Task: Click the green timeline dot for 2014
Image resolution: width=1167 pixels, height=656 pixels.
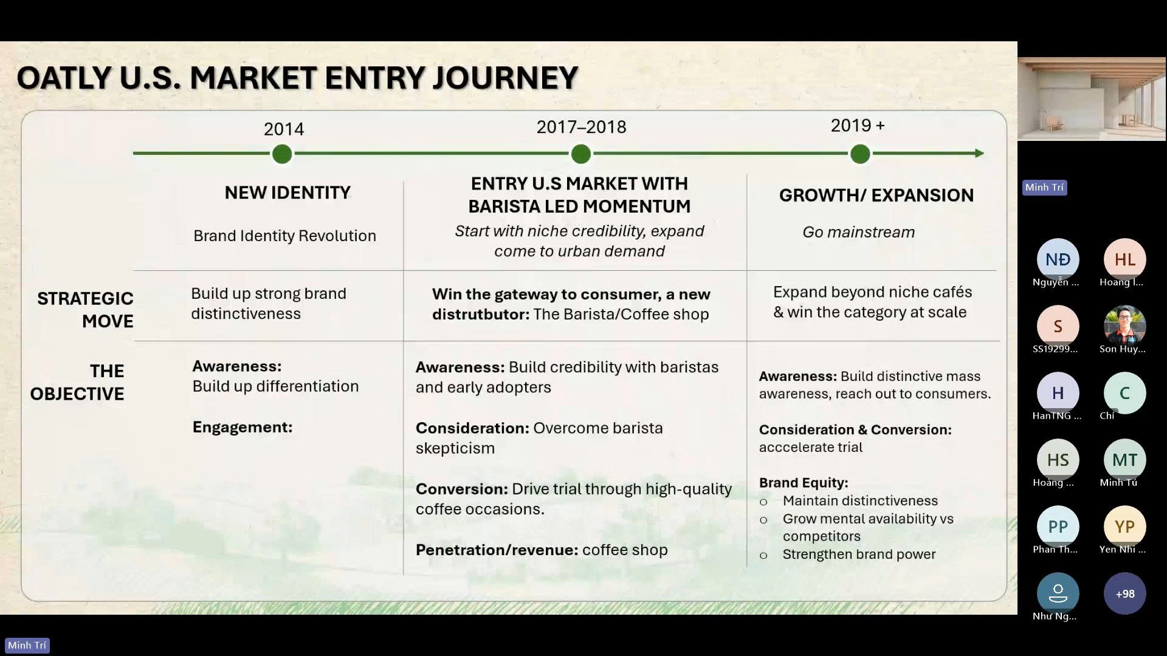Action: pyautogui.click(x=282, y=154)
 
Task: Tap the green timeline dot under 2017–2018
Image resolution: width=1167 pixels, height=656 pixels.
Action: pyautogui.click(x=581, y=154)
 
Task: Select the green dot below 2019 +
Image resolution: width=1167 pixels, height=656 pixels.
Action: pyautogui.click(x=860, y=154)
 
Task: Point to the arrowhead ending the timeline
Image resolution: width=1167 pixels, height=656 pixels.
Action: pyautogui.click(x=979, y=154)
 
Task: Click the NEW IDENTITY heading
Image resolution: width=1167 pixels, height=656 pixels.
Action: pyautogui.click(x=287, y=193)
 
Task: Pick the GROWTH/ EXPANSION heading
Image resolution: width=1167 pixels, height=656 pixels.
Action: pyautogui.click(x=876, y=195)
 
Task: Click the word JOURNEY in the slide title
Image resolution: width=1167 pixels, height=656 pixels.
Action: pyautogui.click(x=505, y=78)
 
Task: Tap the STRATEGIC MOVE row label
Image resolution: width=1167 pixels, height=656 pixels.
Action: pyautogui.click(x=85, y=310)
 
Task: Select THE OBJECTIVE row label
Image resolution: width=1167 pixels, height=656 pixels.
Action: pyautogui.click(x=77, y=382)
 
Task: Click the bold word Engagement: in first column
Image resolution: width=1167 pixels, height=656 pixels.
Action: pyautogui.click(x=243, y=427)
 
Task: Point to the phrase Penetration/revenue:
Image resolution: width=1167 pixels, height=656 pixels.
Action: pyautogui.click(x=497, y=550)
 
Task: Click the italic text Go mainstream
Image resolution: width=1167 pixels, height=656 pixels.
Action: pyautogui.click(x=858, y=232)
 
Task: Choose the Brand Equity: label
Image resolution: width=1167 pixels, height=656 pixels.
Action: pyautogui.click(x=804, y=483)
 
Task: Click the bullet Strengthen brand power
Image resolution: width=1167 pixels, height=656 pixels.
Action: pyautogui.click(x=859, y=554)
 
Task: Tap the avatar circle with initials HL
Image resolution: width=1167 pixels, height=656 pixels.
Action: pyautogui.click(x=1124, y=259)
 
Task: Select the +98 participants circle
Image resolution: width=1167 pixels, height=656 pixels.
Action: pyautogui.click(x=1124, y=593)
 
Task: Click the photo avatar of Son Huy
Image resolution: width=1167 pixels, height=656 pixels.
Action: pyautogui.click(x=1124, y=326)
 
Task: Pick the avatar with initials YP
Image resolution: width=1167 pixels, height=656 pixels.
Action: pyautogui.click(x=1124, y=527)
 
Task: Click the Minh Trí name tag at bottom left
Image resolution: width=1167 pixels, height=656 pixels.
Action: pyautogui.click(x=27, y=645)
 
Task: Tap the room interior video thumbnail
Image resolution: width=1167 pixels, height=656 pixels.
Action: pyautogui.click(x=1092, y=99)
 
